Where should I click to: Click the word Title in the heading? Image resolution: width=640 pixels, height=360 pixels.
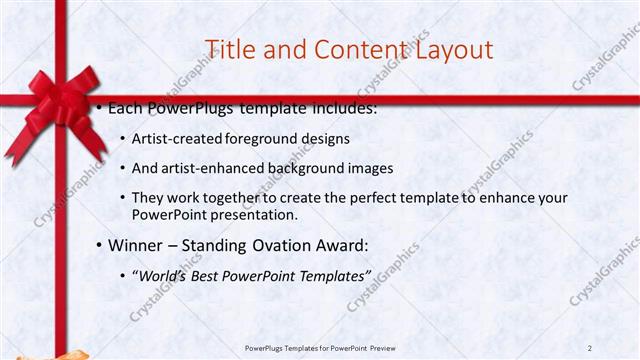pyautogui.click(x=229, y=49)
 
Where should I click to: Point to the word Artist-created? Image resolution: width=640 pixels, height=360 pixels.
pyautogui.click(x=178, y=138)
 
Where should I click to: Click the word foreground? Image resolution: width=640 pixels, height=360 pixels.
pyautogui.click(x=261, y=138)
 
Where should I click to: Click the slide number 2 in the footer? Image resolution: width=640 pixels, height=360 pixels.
pyautogui.click(x=591, y=347)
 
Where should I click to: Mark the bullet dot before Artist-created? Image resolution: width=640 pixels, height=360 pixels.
pyautogui.click(x=122, y=138)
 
